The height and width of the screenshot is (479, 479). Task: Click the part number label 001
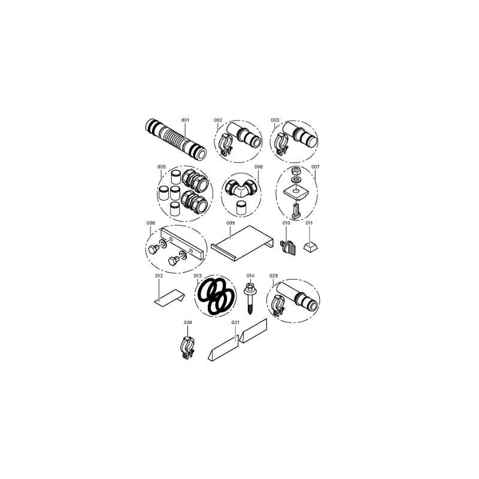185,120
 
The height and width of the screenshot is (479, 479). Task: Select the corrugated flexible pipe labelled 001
175,139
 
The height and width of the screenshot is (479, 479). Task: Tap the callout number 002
218,120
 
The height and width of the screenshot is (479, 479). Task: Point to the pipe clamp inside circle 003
281,144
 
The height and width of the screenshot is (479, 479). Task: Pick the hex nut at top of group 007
295,170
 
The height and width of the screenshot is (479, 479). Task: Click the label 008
151,223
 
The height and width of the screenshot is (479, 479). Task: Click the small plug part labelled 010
288,247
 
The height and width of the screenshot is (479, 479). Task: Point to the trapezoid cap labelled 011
311,247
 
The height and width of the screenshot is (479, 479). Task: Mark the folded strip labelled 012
169,298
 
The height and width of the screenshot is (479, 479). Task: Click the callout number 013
198,276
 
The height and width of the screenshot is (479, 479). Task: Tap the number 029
274,276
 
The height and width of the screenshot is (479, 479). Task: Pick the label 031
235,322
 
